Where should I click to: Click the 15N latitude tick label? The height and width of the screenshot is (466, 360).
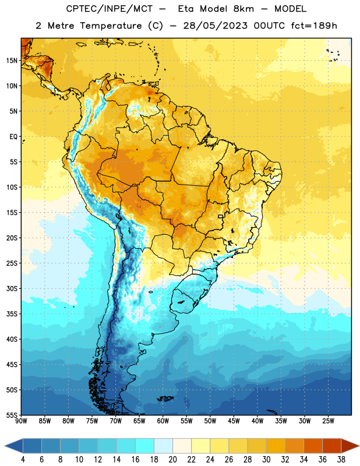(12, 61)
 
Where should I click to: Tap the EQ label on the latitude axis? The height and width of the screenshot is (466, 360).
(13, 137)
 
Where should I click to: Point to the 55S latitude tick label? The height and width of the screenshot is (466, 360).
(12, 415)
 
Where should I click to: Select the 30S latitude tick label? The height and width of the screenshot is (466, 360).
(12, 288)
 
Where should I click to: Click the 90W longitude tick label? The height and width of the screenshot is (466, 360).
(21, 421)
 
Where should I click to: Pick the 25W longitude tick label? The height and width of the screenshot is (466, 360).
(328, 421)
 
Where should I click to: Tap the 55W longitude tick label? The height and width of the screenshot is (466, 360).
(186, 421)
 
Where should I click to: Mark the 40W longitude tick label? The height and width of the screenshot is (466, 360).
(257, 421)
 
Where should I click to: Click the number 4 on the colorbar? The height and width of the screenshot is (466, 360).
(23, 460)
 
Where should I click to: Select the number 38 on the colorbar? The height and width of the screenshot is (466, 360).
(341, 460)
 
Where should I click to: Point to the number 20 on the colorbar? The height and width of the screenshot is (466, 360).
(172, 460)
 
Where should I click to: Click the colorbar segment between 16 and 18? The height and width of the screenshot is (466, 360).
(144, 446)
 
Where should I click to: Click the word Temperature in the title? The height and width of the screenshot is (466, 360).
(111, 26)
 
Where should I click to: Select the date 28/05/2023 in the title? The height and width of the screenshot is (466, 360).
(215, 26)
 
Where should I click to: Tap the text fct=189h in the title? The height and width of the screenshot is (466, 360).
(314, 26)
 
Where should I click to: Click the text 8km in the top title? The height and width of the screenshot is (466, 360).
(243, 9)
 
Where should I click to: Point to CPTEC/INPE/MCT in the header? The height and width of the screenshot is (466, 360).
(110, 9)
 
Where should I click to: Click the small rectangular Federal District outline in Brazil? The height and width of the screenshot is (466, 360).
(221, 216)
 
